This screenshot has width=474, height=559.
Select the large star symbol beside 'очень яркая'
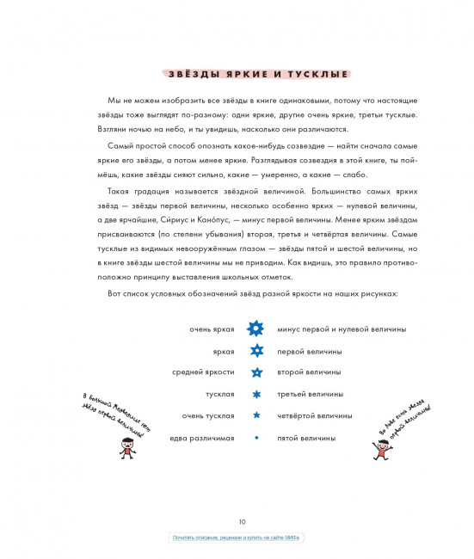click(255, 329)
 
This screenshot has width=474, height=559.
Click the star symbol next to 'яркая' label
click(255, 351)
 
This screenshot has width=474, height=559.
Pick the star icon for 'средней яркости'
click(255, 372)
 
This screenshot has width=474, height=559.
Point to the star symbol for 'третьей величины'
click(255, 394)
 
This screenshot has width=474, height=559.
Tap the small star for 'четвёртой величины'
click(255, 415)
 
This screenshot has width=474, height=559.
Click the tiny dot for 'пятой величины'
click(255, 438)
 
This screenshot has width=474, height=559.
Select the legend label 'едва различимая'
click(202, 438)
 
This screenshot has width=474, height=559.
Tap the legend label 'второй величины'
click(309, 372)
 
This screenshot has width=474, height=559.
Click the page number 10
click(243, 520)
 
